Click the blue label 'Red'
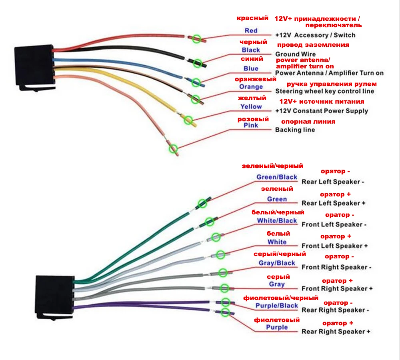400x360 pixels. click(251, 31)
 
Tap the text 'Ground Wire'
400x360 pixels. click(296, 54)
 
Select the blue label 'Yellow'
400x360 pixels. click(251, 107)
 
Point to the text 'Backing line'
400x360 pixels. click(295, 130)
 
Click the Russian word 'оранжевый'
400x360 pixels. click(256, 79)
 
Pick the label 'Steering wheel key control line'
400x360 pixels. click(325, 91)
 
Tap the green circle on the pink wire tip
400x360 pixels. click(174, 148)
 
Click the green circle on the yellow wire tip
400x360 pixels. click(188, 120)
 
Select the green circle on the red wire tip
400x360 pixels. click(197, 38)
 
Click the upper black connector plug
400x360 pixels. click(35, 67)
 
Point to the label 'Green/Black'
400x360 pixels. click(277, 177)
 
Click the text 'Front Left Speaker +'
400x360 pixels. click(334, 246)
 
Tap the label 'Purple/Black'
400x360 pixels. click(277, 306)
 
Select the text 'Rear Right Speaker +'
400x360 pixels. click(336, 332)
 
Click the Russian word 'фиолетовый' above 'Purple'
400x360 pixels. click(277, 320)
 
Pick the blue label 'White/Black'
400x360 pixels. click(277, 221)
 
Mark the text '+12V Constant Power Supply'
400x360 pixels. click(322, 111)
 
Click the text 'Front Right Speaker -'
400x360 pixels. click(336, 267)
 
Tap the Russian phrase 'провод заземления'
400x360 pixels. click(313, 45)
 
